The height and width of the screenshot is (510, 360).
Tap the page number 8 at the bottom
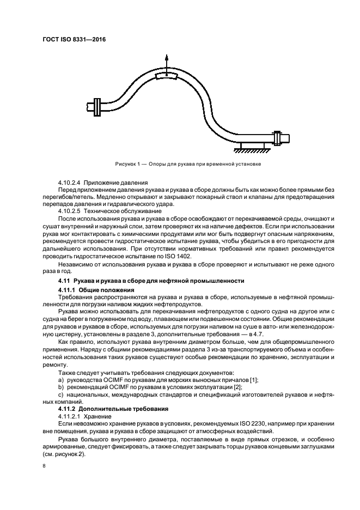tap(44, 466)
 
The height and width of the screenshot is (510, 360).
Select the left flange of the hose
tap(97, 106)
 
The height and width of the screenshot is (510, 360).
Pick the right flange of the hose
tap(278, 138)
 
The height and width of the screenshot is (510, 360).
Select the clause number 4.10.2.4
tap(70, 183)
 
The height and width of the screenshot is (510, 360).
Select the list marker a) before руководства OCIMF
tap(60, 379)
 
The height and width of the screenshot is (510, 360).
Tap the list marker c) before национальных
tap(60, 394)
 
